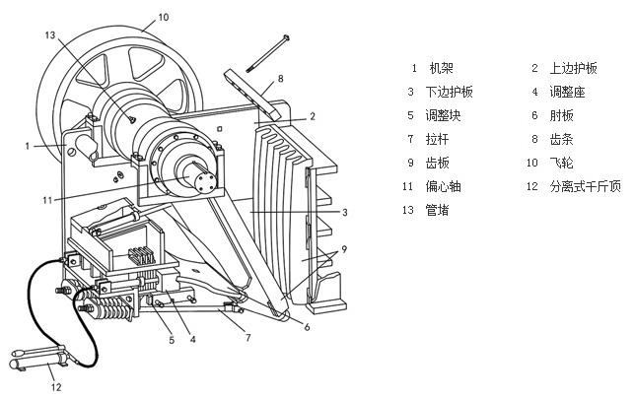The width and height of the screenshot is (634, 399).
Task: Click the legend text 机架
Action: tap(440, 69)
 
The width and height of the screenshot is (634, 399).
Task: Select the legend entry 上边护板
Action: tap(579, 69)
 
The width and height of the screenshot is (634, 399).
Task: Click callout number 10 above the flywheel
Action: tap(163, 17)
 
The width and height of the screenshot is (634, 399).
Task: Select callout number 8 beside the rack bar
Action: tap(279, 78)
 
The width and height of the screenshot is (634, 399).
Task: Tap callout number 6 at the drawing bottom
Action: tap(306, 327)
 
